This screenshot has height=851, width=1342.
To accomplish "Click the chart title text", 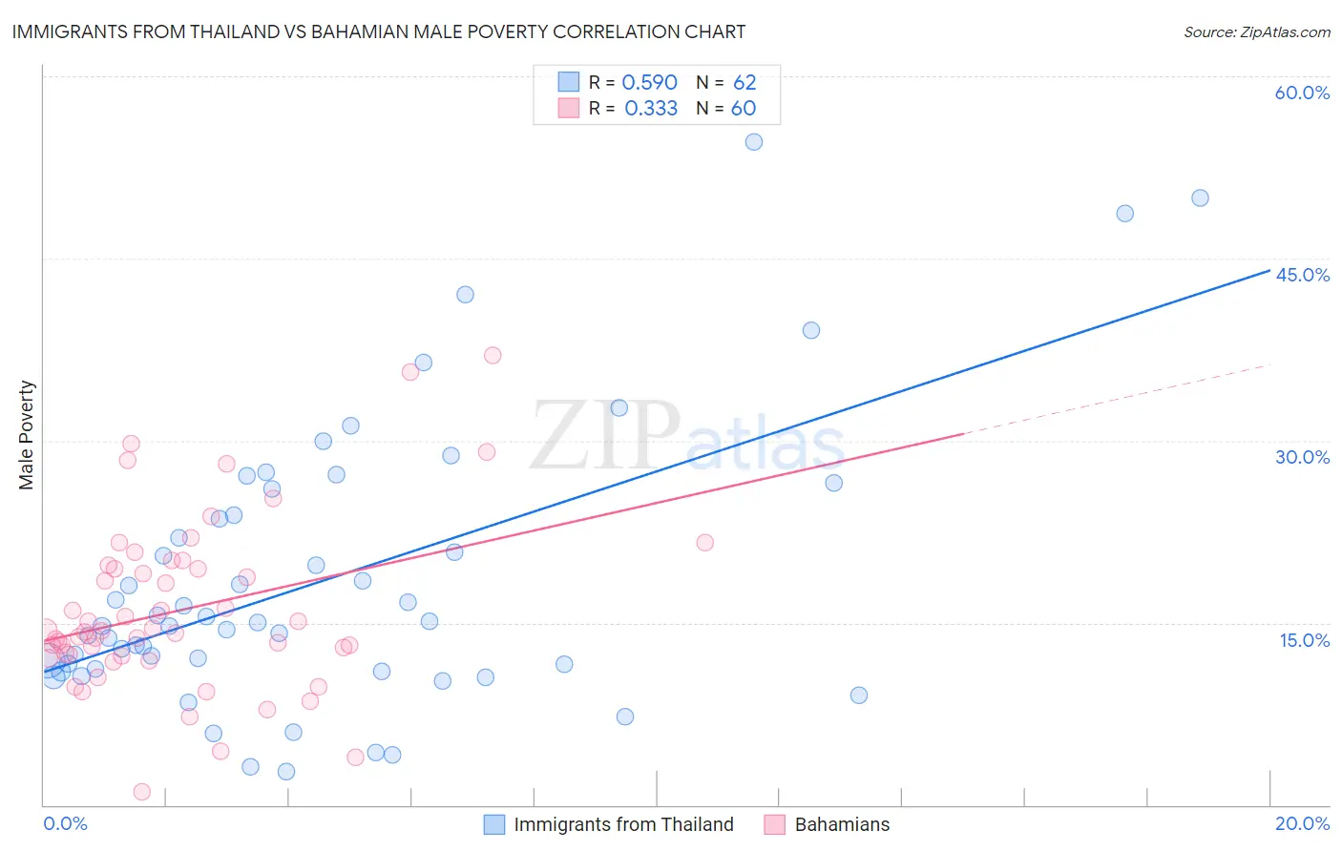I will tap(379, 31).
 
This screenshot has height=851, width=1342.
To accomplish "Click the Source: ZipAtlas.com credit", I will tap(1256, 31).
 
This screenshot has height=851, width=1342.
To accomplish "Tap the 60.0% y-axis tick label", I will tap(1302, 93).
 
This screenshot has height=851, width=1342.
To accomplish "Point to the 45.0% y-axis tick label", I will tap(1302, 275).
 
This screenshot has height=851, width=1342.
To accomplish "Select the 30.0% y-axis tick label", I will tap(1302, 457).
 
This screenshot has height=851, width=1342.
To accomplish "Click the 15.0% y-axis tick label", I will tap(1304, 640).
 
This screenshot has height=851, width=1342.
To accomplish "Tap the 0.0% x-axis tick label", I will tap(65, 823).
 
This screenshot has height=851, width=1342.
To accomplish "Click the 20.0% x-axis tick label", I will tap(1302, 823).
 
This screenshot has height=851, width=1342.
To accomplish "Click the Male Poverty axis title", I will tap(26, 435).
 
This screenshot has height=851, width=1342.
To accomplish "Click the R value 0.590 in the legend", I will tap(649, 83).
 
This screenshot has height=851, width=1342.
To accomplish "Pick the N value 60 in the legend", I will tap(743, 109).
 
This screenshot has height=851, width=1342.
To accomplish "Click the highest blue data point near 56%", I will tap(754, 142).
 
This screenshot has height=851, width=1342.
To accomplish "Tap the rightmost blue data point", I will tap(1200, 198).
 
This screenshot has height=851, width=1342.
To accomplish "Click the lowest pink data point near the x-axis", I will tap(142, 792).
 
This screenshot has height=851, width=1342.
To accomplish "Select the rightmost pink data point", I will tap(705, 543).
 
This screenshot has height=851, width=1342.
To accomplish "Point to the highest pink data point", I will tap(493, 356).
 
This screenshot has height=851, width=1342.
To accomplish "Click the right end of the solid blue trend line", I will tap(1269, 271).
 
